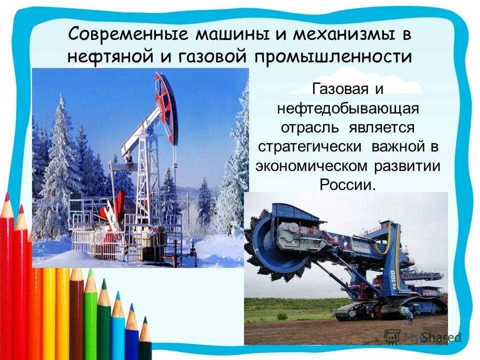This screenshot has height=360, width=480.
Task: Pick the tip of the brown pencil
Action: tap(76, 271)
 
